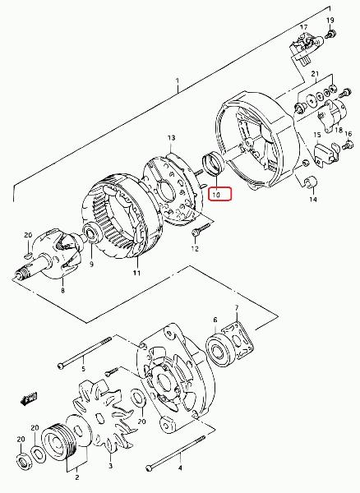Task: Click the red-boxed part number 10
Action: tap(216, 195)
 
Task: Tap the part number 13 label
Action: tap(171, 138)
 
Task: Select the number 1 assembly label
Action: tap(178, 81)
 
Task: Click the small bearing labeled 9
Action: tap(92, 233)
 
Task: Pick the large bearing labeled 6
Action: tap(219, 351)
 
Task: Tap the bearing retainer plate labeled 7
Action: tap(238, 340)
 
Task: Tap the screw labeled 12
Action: tap(201, 229)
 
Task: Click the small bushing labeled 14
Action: tap(312, 182)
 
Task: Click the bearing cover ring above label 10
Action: tap(214, 162)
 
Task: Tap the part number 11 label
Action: tap(136, 273)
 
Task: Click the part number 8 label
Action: tap(63, 290)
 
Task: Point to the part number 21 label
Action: tap(315, 74)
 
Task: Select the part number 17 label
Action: tap(303, 27)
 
